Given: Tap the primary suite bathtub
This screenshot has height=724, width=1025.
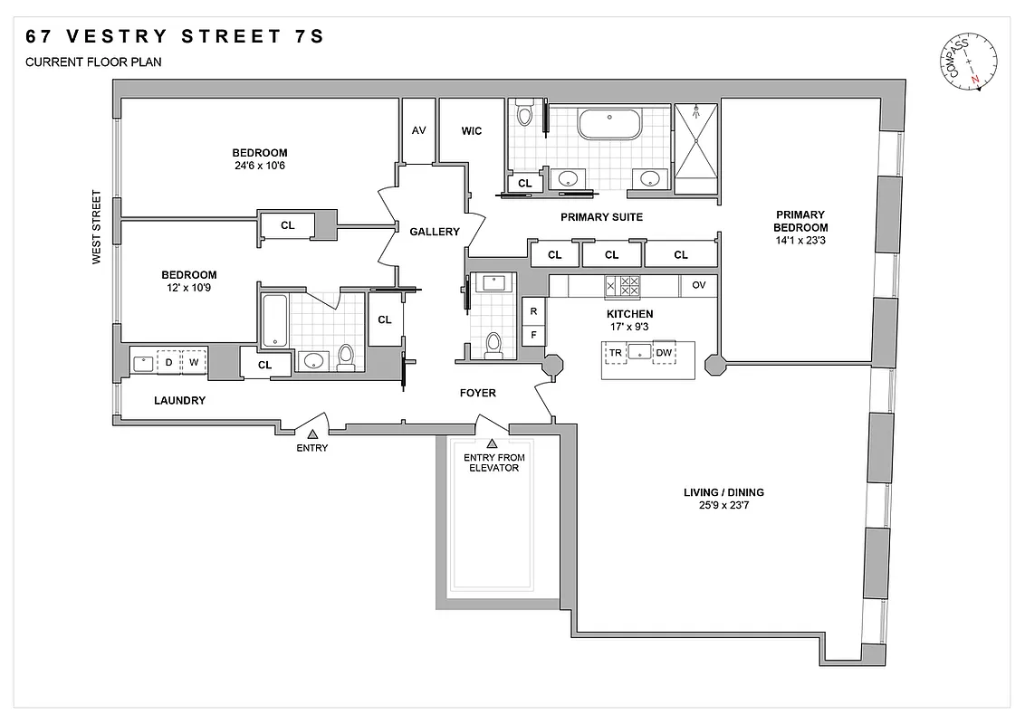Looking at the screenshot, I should [x=609, y=124].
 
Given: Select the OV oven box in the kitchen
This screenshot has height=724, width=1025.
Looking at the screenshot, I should [x=698, y=284].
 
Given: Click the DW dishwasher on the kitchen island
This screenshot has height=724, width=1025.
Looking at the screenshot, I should [x=664, y=352].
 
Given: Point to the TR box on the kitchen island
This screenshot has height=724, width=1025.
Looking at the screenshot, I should [x=617, y=352].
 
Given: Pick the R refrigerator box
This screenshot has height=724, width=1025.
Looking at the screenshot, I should [x=534, y=310].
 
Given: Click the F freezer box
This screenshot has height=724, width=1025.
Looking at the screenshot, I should [x=534, y=335].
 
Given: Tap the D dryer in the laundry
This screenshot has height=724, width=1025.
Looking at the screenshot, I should [x=168, y=362].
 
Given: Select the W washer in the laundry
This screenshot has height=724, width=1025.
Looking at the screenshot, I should [x=193, y=362].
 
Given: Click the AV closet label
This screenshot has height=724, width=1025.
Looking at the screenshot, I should [x=418, y=130].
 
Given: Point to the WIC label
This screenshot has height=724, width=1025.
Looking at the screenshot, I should [x=472, y=130].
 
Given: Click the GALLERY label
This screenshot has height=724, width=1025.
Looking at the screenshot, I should [x=435, y=232].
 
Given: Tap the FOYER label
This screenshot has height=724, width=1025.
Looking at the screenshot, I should [x=477, y=393].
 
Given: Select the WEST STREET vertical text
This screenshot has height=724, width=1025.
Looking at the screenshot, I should [x=95, y=226].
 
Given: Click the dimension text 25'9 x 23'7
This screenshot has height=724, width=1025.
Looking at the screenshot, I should [x=723, y=506].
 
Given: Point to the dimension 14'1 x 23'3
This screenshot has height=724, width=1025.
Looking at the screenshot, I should [x=800, y=241].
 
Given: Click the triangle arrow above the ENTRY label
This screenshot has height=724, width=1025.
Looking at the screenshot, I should [x=312, y=435].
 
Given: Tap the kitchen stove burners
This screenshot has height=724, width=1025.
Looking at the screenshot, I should [x=623, y=286].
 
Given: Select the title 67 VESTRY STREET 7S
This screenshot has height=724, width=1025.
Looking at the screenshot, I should [x=174, y=37].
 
